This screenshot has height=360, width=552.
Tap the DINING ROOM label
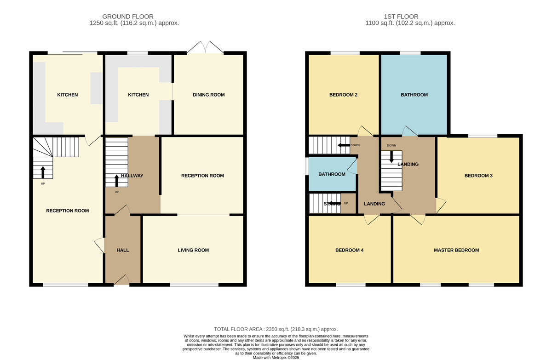[208, 95]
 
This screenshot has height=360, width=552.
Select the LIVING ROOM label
[193, 250]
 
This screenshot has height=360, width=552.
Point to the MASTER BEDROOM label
[456, 250]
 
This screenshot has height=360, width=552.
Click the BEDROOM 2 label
[343, 95]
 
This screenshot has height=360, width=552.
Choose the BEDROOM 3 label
[478, 175]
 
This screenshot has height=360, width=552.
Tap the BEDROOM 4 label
[350, 250]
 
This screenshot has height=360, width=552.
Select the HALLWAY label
[132, 175]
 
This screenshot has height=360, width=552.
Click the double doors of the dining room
[207, 47]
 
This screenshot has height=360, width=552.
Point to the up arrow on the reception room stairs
[43, 172]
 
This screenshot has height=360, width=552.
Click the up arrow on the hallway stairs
[116, 180]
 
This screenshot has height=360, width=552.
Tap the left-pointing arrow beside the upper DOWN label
[342, 145]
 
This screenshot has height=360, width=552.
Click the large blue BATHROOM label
[414, 95]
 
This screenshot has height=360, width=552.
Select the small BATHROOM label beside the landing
[332, 174]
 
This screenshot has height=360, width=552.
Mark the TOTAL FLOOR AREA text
[276, 329]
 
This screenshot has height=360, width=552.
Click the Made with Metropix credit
[276, 357]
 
